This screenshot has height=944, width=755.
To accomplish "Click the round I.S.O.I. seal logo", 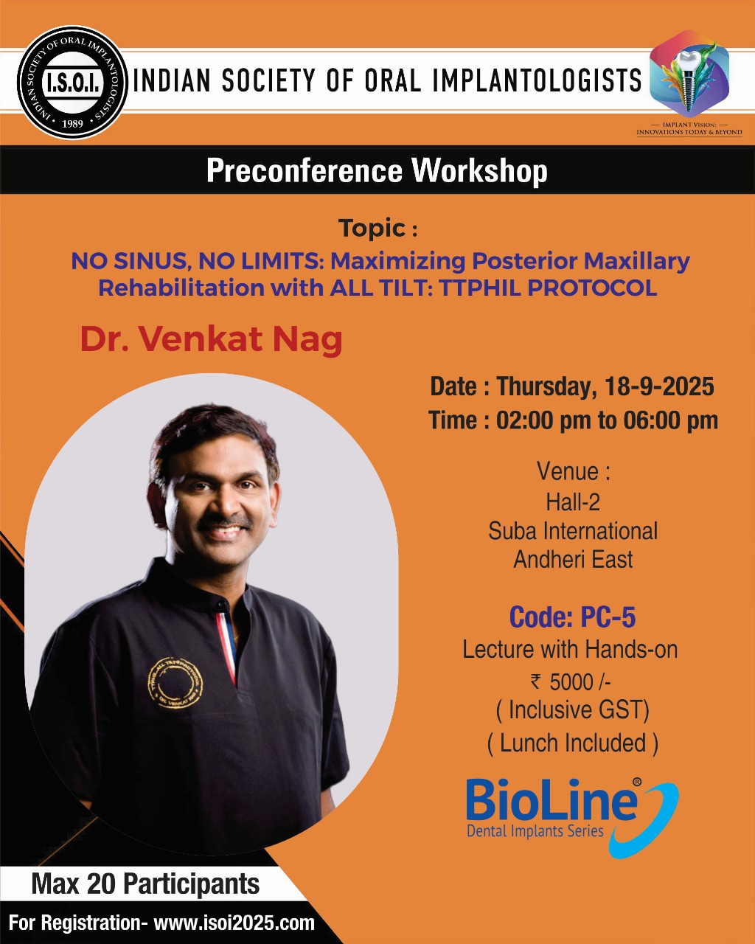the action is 72,82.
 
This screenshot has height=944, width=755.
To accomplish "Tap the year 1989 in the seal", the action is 72,123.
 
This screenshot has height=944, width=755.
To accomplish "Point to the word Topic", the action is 372,228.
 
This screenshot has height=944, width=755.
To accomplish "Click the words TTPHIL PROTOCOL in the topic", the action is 548,288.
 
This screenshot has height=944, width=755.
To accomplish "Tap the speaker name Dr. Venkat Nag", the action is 211,340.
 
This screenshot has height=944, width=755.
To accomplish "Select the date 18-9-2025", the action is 659,386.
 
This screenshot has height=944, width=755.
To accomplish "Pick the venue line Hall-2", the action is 572,502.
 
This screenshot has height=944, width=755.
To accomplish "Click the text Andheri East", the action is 573,559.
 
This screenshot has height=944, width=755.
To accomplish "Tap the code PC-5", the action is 608,617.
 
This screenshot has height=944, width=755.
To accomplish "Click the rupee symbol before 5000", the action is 535,681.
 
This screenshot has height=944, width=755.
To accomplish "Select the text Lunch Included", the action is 573,743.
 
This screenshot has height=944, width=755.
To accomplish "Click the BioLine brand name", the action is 552,802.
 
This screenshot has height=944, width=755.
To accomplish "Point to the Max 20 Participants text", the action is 145,884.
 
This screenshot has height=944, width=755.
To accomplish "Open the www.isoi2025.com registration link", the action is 234,923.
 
